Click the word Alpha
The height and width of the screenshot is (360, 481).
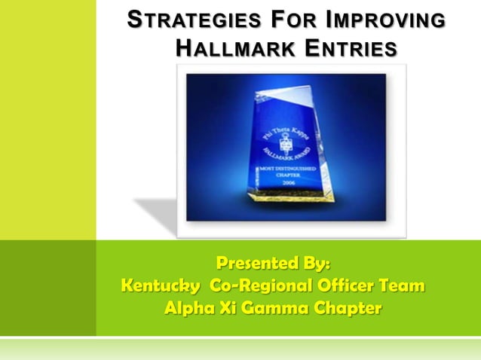[x=188, y=309]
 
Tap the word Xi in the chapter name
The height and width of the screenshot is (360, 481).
[x=231, y=309]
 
